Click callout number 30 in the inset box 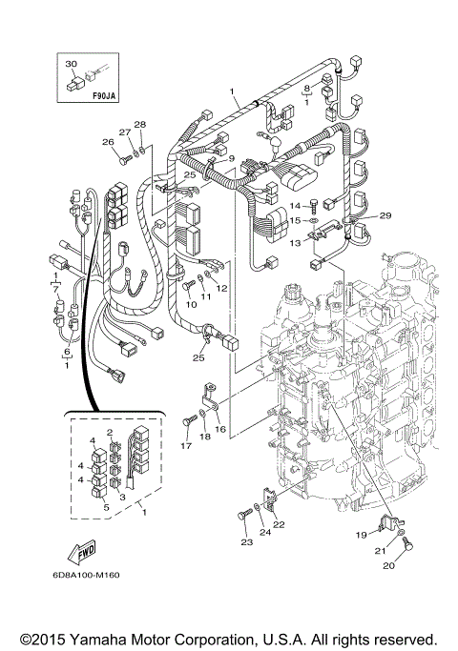point(70,64)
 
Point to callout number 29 point(385,216)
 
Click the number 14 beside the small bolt point(295,205)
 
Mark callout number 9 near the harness point(230,158)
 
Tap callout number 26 point(107,143)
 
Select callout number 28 point(139,125)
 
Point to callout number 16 point(220,430)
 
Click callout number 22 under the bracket point(279,524)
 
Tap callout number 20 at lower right point(387,565)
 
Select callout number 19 point(362,536)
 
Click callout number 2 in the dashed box point(111,432)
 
